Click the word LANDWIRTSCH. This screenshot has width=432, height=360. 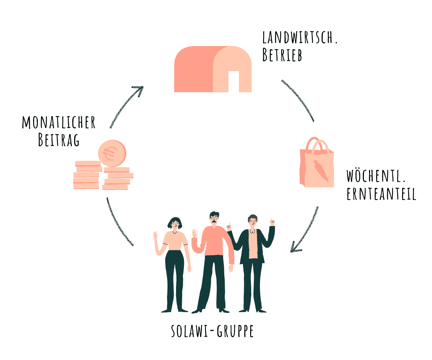tap(300, 37)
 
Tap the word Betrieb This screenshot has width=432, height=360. tap(282, 56)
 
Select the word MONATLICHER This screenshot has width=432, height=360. tap(59, 122)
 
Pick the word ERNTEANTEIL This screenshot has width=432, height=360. tap(382, 194)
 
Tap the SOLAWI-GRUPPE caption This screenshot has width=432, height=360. tap(212, 331)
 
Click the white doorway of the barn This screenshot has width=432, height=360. tap(234, 81)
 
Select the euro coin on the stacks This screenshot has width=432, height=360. tap(112, 153)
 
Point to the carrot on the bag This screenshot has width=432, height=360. tap(320, 171)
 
